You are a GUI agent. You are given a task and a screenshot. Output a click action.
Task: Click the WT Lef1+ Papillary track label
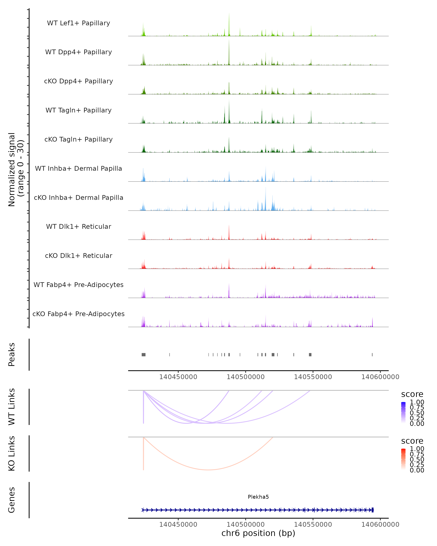click(78, 23)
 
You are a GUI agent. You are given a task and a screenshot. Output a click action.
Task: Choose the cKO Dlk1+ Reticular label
click(78, 256)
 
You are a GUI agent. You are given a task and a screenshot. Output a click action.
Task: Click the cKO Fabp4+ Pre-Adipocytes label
click(78, 314)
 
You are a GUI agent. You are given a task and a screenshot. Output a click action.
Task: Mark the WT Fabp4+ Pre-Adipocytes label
click(78, 285)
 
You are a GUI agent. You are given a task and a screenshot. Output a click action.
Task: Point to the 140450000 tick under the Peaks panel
click(178, 377)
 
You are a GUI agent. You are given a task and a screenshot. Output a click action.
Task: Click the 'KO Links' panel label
click(12, 454)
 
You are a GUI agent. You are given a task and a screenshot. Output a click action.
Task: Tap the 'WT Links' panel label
click(12, 407)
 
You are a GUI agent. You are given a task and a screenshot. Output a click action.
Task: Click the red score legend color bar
click(403, 459)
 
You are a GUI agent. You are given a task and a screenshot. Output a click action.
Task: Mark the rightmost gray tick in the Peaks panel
click(372, 355)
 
